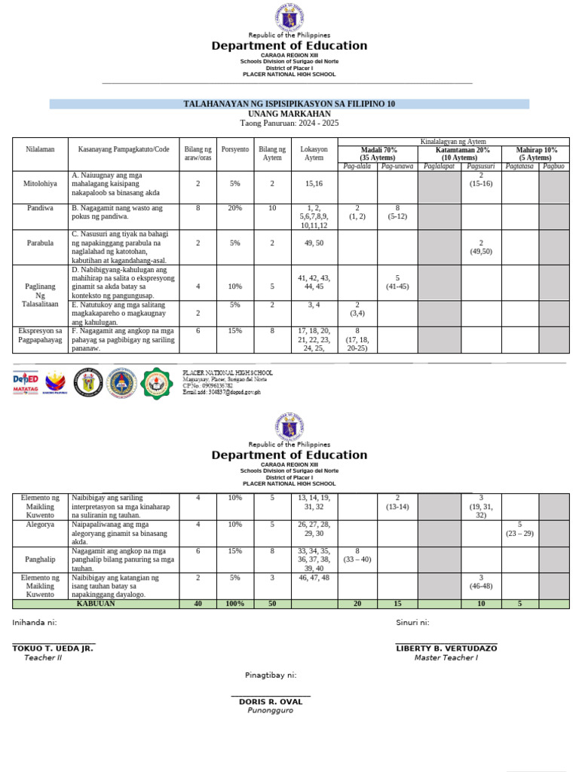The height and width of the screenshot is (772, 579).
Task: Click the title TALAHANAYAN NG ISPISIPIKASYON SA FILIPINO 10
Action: coord(289,104)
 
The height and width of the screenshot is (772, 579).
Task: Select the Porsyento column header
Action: coord(235,149)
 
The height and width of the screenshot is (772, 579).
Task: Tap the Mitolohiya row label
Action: coord(40,183)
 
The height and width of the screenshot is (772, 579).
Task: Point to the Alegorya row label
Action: coord(40,523)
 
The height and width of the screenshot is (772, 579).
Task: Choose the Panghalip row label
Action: coord(40,560)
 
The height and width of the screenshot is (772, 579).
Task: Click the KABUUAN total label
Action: coord(96,604)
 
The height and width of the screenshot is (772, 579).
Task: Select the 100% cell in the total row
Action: coord(235,604)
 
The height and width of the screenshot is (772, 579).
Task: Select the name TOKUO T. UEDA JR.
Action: coord(52,648)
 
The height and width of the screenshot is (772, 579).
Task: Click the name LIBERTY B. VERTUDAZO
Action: coord(446,648)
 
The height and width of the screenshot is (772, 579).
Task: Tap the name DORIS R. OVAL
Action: coord(270,701)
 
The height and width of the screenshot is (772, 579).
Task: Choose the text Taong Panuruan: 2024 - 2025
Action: coord(289,123)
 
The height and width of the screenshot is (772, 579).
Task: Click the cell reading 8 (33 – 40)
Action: coord(357,555)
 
